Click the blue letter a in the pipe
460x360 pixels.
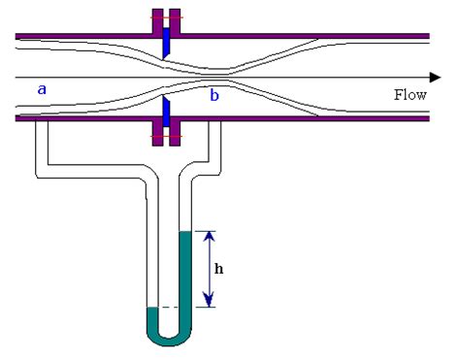(x=42, y=89)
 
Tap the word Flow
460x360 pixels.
(x=410, y=95)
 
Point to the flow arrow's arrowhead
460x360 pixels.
(x=425, y=78)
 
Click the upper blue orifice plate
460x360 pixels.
(x=167, y=42)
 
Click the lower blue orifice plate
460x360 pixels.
(x=167, y=110)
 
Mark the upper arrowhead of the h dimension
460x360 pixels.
(x=211, y=236)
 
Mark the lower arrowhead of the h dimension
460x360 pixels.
(x=211, y=302)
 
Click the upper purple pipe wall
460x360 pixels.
(x=291, y=36)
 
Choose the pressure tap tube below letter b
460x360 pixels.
(x=219, y=146)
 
